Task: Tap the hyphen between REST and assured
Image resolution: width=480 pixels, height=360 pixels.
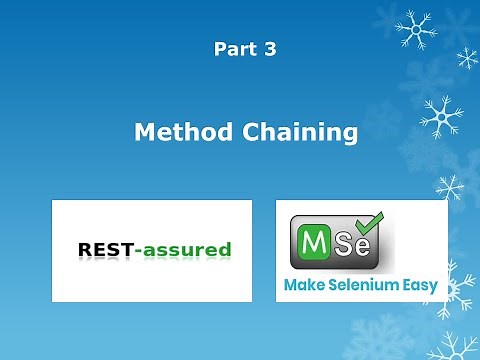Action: [x=136, y=250]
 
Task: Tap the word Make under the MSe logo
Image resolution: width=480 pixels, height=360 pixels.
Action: [x=303, y=286]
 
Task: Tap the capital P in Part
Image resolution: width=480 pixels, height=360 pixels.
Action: [x=219, y=49]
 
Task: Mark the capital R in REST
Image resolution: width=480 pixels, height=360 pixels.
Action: [x=83, y=249]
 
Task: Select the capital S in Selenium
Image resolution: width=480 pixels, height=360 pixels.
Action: [x=333, y=286]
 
